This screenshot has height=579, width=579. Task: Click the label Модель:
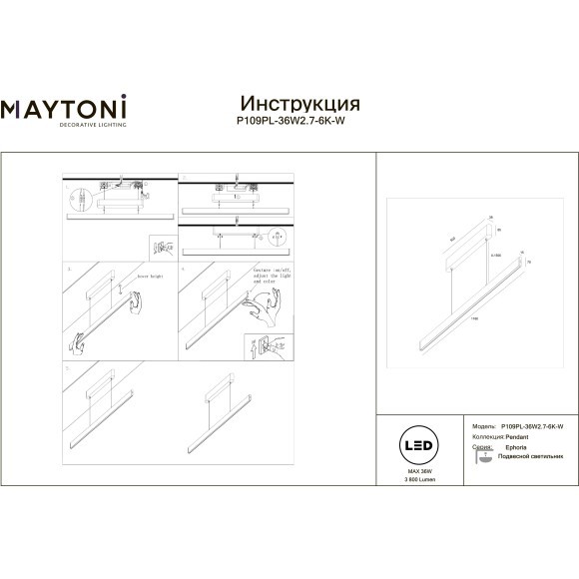tap(482, 424)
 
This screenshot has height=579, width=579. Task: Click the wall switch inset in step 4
tap(261, 345)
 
